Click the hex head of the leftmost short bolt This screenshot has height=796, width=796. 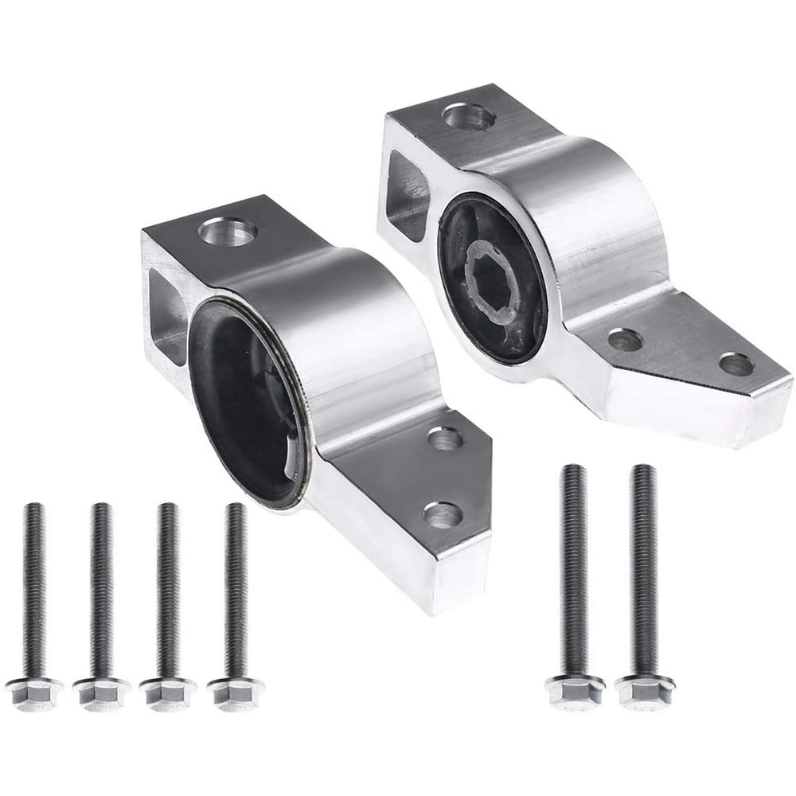pos(33,691)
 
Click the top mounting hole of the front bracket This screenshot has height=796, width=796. pos(228,232)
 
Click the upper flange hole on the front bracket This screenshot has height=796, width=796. pos(446,439)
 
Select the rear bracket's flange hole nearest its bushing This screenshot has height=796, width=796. pos(626,341)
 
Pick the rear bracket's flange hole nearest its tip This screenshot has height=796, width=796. pos(736,365)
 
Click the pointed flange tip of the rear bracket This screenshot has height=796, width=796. pos(776,398)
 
